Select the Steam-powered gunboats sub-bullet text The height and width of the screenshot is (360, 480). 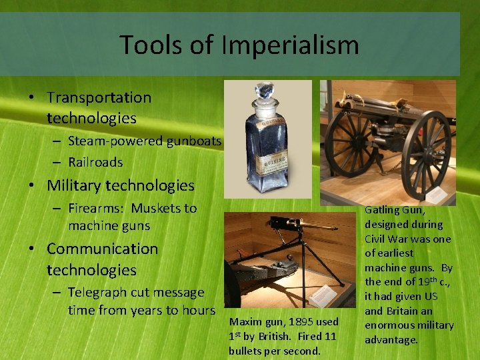coord(145,141)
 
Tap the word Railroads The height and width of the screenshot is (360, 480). coord(95,162)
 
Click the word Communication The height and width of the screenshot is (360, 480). coord(102,249)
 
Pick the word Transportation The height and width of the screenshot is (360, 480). coord(99,97)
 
